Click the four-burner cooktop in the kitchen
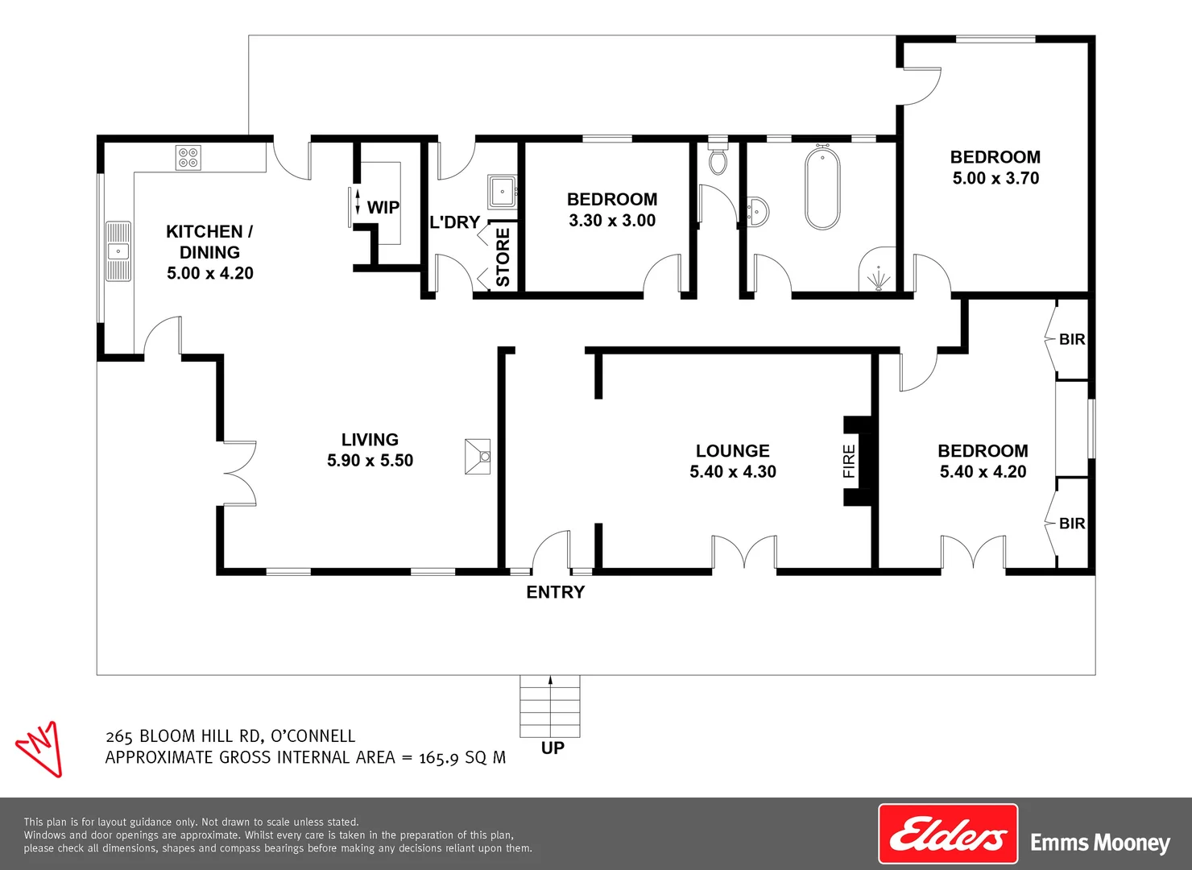[x=188, y=157]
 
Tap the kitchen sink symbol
[x=118, y=251]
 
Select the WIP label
[x=383, y=208]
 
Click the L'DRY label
[x=454, y=222]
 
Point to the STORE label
[x=503, y=257]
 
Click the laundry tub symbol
[x=502, y=192]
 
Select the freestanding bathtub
[x=822, y=188]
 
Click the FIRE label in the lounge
[x=849, y=461]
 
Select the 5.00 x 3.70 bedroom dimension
[x=995, y=178]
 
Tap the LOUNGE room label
[x=732, y=451]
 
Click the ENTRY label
[x=555, y=592]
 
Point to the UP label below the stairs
[x=553, y=748]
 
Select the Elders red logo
[x=948, y=835]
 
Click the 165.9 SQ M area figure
[x=461, y=757]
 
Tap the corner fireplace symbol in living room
[x=478, y=457]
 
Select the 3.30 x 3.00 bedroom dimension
[x=612, y=221]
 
